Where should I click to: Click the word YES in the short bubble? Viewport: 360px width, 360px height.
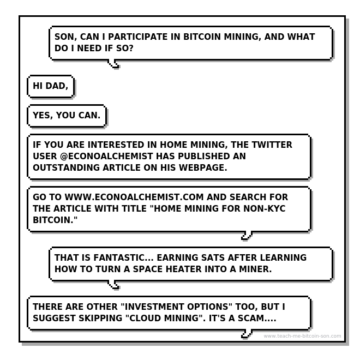[44, 116]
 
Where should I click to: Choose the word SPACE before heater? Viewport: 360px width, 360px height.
[146, 269]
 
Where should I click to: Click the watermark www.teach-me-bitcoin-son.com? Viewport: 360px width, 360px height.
[302, 336]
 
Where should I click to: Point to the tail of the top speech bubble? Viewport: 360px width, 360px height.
[113, 64]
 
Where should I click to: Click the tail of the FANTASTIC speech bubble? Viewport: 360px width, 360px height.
[113, 284]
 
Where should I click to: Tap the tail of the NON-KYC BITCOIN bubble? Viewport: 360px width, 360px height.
[247, 236]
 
